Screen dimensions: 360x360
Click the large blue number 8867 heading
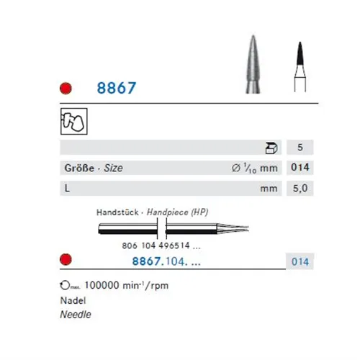pyautogui.click(x=117, y=89)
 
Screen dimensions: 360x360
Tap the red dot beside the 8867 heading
pyautogui.click(x=65, y=90)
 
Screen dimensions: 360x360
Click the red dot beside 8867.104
pyautogui.click(x=65, y=260)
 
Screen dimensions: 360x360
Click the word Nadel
pyautogui.click(x=73, y=301)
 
